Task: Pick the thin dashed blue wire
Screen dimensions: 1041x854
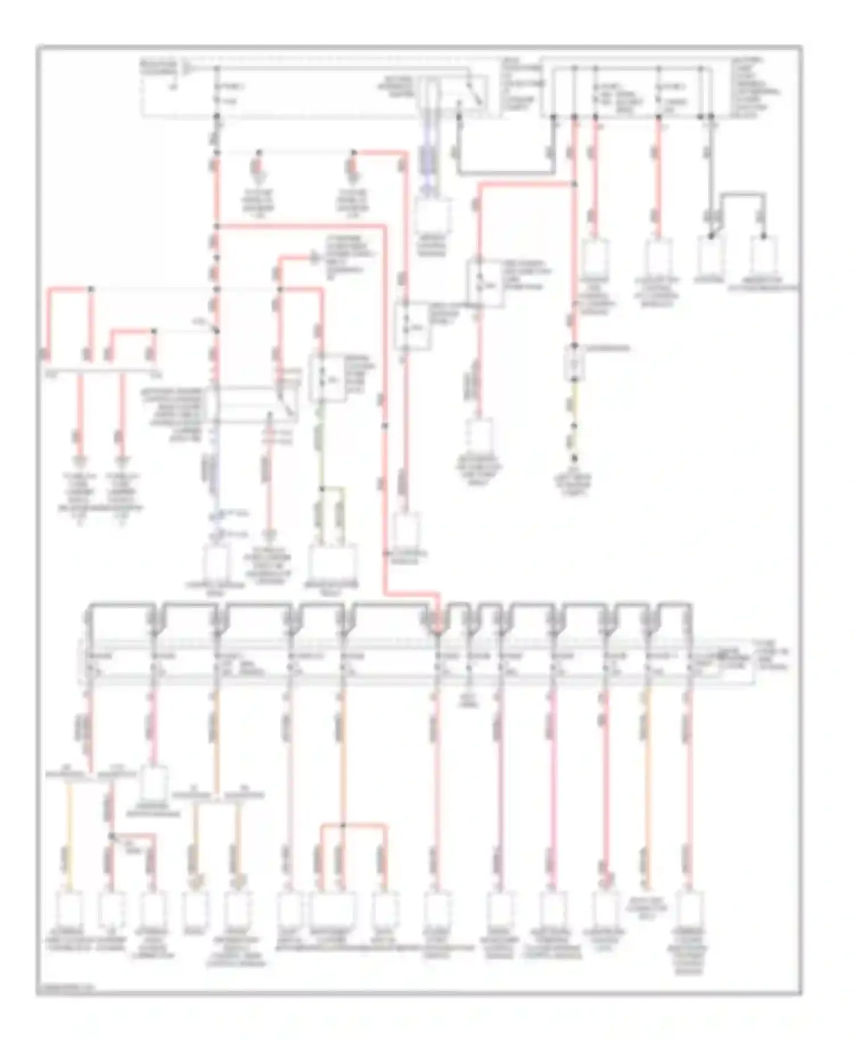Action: [215, 473]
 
